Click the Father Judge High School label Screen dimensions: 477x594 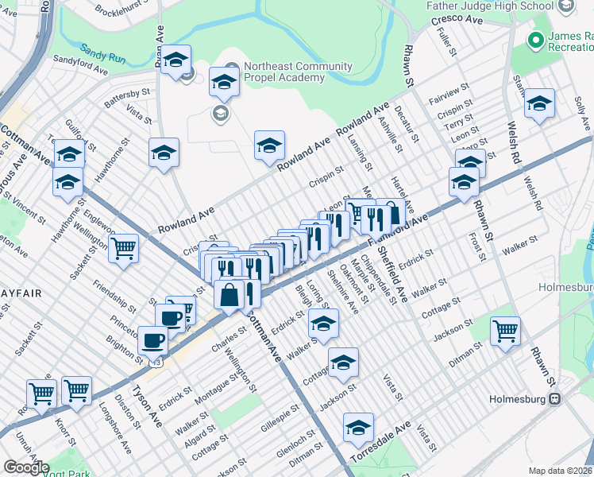[x=489, y=6]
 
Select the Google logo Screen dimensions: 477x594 [x=25, y=467]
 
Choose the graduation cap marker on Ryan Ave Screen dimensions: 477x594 [x=175, y=60]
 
